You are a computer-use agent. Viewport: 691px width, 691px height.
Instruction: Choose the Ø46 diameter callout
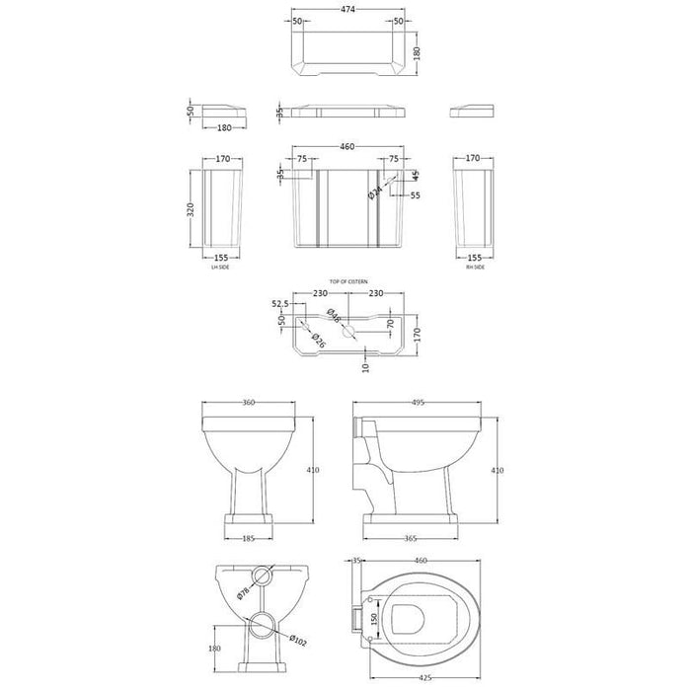pos(333,318)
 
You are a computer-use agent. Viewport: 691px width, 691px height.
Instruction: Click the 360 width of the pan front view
pos(248,403)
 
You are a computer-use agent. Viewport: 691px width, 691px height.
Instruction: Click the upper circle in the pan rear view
pos(261,576)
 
